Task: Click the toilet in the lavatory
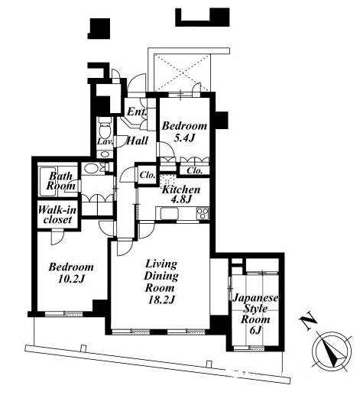point(104,128)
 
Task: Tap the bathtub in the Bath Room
point(47,182)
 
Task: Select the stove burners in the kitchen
point(203,213)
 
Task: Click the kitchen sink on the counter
point(170,213)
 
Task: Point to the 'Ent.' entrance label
point(137,112)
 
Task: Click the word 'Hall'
point(138,141)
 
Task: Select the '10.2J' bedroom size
point(71,280)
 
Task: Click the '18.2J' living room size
point(161,300)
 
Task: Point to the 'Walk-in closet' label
point(57,215)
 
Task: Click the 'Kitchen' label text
point(181,189)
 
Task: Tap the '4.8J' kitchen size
point(181,199)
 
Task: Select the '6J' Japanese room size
point(255,330)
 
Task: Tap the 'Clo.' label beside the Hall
point(148,175)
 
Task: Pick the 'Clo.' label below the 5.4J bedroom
point(195,170)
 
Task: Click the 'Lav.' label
point(105,141)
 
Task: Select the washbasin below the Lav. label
point(104,154)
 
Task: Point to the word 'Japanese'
point(255,298)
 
